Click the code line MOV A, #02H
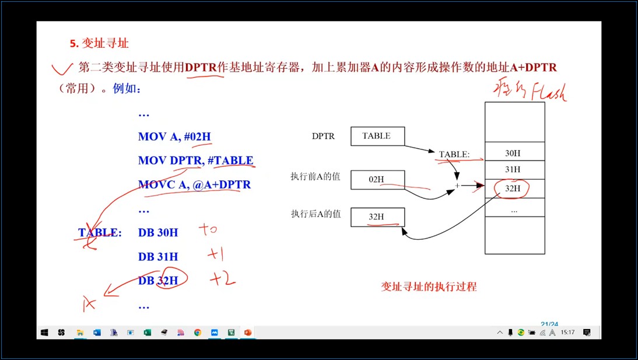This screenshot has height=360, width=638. [x=174, y=137]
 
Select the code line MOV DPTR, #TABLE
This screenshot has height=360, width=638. [x=195, y=160]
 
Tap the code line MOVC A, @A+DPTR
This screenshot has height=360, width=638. [x=194, y=184]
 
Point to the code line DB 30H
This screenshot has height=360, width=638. [x=158, y=232]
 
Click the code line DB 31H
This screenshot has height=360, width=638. [x=158, y=256]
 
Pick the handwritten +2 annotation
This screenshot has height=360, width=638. [x=222, y=279]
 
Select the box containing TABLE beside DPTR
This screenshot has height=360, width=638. [x=377, y=136]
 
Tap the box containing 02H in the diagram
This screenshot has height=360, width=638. [x=377, y=180]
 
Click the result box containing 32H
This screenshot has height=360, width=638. [x=377, y=217]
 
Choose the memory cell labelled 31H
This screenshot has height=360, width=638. [x=514, y=169]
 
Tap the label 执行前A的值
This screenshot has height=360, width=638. [x=316, y=176]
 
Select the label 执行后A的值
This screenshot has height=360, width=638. [x=316, y=214]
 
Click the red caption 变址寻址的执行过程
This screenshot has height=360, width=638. [x=429, y=286]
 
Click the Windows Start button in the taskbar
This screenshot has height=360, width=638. [x=44, y=333]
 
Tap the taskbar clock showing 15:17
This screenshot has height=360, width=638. [x=567, y=333]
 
